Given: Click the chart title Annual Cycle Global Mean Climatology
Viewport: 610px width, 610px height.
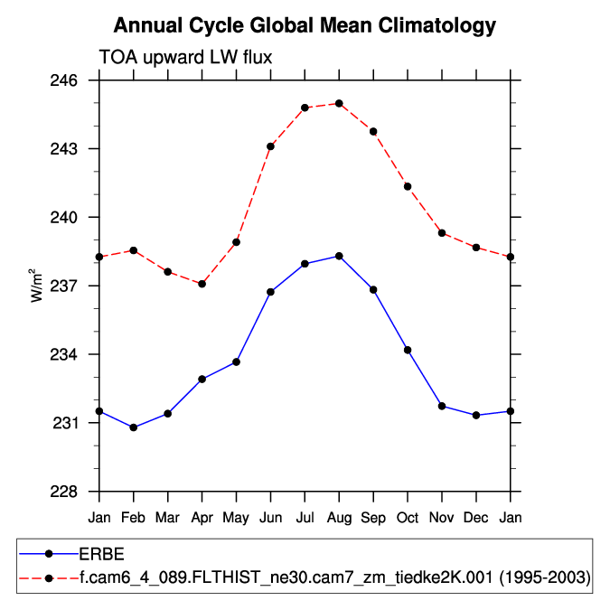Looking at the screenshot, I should click(x=305, y=25).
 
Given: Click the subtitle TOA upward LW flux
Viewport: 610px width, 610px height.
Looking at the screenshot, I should click(x=185, y=57).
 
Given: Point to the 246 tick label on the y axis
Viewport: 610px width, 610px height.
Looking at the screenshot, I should click(x=77, y=80).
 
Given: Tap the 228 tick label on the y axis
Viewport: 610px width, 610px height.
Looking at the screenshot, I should click(x=77, y=492).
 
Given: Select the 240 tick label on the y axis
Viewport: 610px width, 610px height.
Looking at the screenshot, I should click(x=77, y=218).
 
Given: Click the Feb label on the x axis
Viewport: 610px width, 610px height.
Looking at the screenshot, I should click(x=134, y=517).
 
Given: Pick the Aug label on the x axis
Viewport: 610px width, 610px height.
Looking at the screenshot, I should click(x=339, y=517).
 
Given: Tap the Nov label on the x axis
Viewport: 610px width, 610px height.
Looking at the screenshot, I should click(x=442, y=517).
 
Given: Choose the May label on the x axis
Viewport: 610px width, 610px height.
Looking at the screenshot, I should click(x=236, y=517).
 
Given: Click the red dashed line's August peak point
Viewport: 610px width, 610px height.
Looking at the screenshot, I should click(x=339, y=103).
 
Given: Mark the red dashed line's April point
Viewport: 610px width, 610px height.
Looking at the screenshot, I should click(x=202, y=284).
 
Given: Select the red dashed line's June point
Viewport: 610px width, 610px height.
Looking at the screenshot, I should click(x=270, y=146).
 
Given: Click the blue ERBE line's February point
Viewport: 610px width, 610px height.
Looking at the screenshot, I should click(x=134, y=427).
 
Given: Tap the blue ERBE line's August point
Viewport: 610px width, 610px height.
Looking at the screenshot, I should click(x=339, y=256).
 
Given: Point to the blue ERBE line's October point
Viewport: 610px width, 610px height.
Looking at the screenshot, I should click(x=408, y=350).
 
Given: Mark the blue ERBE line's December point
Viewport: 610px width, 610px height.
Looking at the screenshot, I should click(x=476, y=415).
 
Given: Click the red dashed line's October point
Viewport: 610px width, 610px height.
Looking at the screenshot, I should click(x=408, y=186).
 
